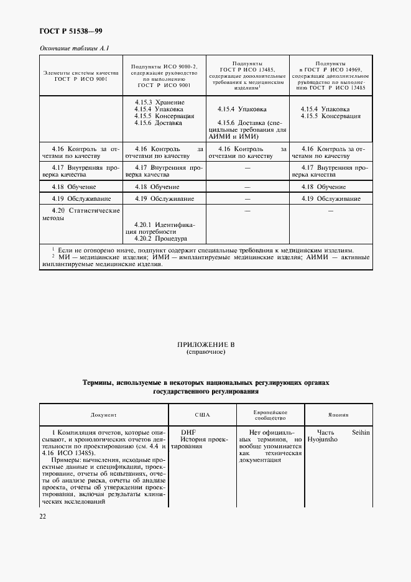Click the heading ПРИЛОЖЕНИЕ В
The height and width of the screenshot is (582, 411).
click(x=205, y=344)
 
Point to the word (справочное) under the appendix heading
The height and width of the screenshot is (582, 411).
click(x=205, y=352)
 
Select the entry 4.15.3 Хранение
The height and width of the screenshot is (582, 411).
click(x=159, y=102)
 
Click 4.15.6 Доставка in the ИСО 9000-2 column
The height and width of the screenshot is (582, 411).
click(x=158, y=123)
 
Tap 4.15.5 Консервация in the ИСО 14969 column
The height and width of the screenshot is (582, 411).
click(x=330, y=116)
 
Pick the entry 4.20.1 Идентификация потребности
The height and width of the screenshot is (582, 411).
click(x=164, y=228)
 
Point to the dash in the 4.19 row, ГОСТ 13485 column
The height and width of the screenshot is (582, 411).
click(x=247, y=199)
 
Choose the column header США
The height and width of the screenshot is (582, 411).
click(x=203, y=415)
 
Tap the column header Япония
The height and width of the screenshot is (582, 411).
click(x=338, y=415)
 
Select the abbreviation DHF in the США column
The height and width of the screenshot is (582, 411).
click(x=188, y=432)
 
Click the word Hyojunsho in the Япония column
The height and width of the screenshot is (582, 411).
click(x=323, y=440)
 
